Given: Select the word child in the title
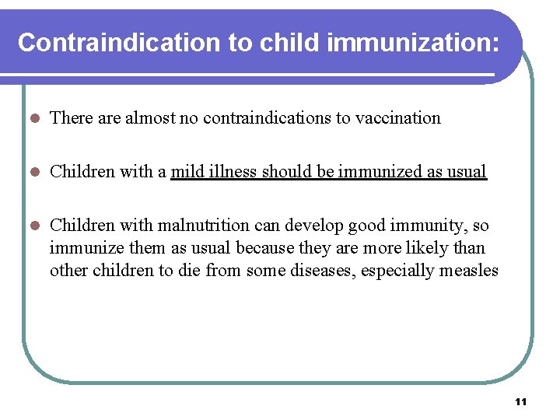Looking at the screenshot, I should pos(287,43).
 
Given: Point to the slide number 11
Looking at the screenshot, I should pos(521,402).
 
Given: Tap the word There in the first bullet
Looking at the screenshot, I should pos(71,118).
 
